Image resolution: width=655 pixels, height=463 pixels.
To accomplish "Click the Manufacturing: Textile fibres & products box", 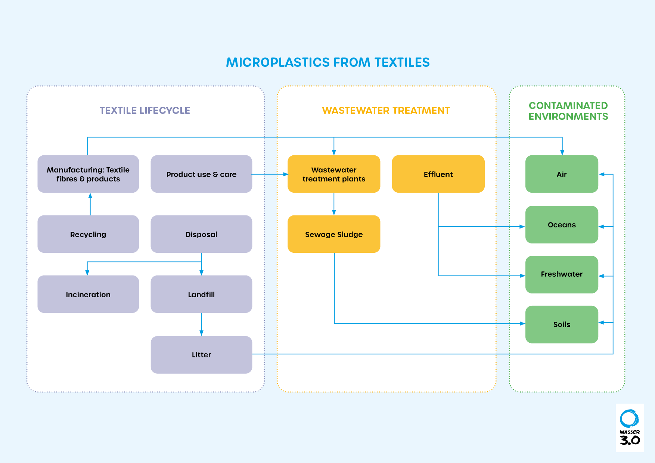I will point(88,174).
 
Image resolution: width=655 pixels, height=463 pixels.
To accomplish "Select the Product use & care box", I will point(201,174).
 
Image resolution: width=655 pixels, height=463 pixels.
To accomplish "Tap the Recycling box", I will point(88,234).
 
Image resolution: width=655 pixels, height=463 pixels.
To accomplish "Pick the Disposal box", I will point(201,234).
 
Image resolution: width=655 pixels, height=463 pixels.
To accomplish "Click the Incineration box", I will point(88,294).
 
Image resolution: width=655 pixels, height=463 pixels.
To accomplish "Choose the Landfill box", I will point(201,294).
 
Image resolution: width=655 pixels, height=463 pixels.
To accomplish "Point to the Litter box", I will point(201,355).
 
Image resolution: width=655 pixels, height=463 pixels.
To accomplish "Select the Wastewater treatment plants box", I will point(334,174).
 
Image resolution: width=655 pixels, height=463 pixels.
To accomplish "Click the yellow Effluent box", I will point(438,174).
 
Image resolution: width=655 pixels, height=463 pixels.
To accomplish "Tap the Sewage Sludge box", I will point(334,234).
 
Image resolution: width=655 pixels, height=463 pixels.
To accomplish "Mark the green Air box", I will point(562,174).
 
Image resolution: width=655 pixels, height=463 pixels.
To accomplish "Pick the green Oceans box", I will point(562,225).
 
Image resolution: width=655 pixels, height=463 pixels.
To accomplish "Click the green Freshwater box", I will point(562,274).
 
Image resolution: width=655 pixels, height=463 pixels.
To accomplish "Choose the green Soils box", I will point(562,324).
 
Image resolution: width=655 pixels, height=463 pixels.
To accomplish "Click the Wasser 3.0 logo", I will point(630,428).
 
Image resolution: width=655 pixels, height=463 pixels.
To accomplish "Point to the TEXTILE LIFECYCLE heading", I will point(145,111).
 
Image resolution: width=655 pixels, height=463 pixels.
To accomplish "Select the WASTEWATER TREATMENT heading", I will point(386,111).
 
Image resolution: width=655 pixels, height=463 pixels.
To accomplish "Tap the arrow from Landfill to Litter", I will point(202,324).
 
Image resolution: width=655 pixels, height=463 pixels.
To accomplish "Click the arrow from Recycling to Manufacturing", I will point(90,204).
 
